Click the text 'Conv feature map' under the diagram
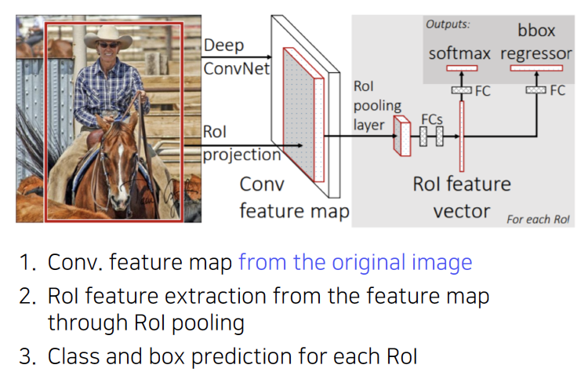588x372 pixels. coord(293,198)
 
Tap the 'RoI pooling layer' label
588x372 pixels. coord(378,105)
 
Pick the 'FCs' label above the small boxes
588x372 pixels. coord(432,119)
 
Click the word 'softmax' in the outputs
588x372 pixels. coord(459,53)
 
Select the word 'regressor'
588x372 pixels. coord(535,53)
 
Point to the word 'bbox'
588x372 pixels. coord(536,31)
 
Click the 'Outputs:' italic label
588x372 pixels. coord(448,24)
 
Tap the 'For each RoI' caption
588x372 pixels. coord(538,219)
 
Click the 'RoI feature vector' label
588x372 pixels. coord(462,197)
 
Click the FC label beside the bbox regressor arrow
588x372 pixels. coord(557,90)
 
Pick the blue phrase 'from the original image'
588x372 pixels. coord(355,262)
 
